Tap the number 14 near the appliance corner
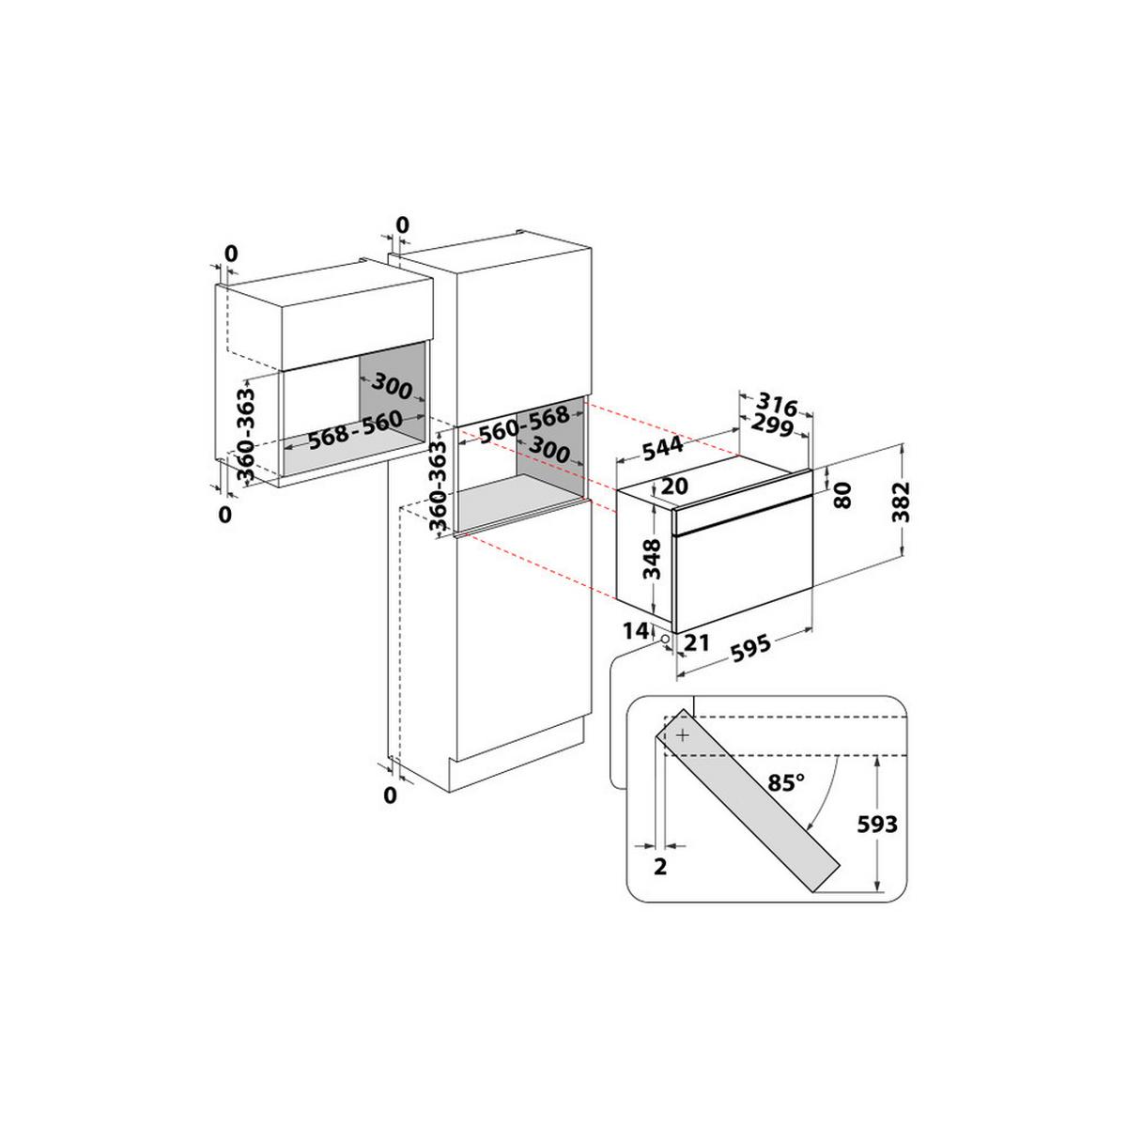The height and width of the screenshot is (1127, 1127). click(637, 630)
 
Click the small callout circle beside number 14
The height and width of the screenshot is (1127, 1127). click(665, 640)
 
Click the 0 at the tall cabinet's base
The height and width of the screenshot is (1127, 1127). click(391, 796)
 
